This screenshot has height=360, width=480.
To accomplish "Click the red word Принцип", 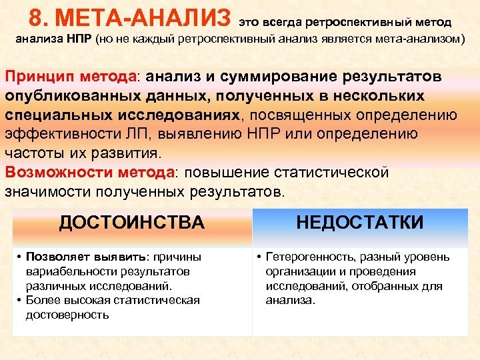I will tap(37, 77).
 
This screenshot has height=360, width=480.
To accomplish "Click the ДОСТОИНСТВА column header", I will tap(132, 223).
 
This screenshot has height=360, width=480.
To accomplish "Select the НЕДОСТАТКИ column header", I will tap(359, 223).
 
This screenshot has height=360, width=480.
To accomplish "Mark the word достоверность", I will tap(67, 314).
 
